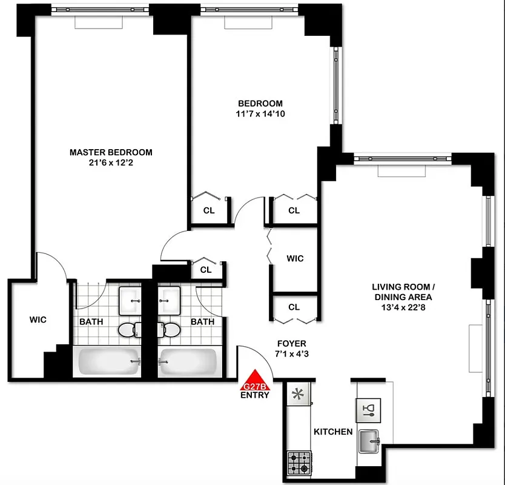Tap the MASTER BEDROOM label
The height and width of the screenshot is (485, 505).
[111, 152]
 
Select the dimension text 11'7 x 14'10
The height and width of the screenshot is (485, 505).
[260, 113]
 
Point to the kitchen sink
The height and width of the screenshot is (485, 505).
[368, 440]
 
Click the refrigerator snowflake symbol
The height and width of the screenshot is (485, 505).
[297, 394]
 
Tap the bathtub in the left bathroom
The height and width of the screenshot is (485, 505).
[107, 361]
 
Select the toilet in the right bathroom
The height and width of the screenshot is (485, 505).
[171, 330]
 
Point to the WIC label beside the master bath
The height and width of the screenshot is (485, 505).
[38, 319]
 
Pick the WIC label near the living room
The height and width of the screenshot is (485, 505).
[295, 258]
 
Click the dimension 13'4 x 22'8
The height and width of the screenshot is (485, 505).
[401, 307]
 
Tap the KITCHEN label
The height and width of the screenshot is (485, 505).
[332, 432]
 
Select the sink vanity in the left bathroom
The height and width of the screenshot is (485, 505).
[130, 298]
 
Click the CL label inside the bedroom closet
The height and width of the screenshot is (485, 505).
[209, 211]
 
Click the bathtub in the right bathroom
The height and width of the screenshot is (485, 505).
[188, 361]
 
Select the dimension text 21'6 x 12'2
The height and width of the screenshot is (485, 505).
[111, 162]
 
